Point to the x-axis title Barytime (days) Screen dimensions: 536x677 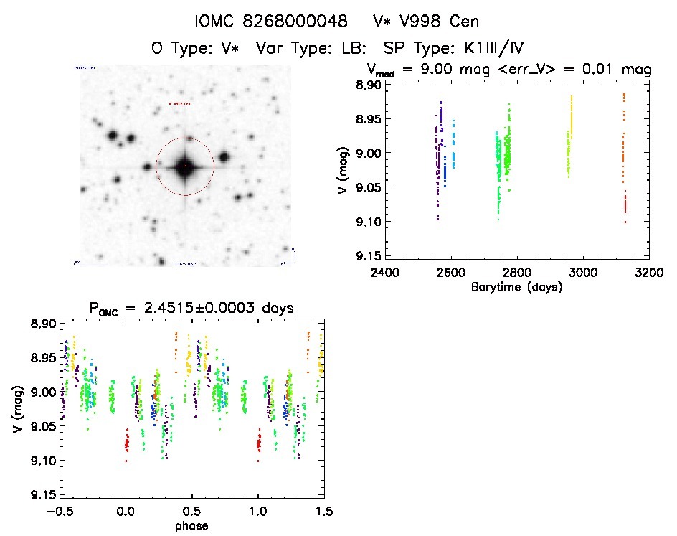pos(516,287)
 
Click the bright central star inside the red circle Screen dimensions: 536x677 pos(184,166)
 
